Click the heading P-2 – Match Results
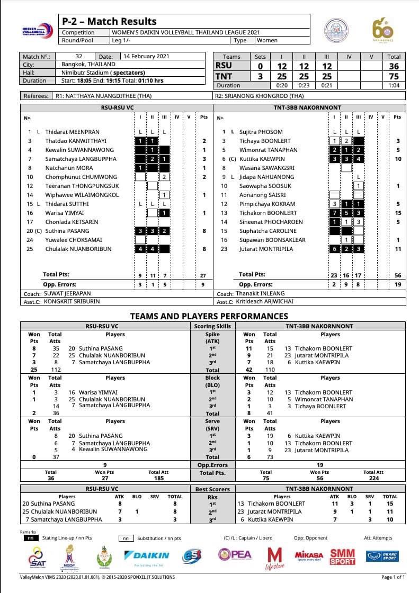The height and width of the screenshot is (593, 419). point(109,21)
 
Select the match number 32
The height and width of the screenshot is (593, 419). point(79,56)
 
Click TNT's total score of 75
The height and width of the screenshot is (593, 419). point(394,76)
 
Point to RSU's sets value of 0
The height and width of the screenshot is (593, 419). point(260,66)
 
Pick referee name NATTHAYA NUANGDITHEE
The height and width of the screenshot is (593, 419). point(103,96)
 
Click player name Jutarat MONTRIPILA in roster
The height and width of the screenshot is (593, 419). point(266,249)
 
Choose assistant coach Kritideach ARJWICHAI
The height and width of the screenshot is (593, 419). point(261,302)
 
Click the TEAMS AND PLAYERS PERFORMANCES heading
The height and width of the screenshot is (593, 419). point(209,316)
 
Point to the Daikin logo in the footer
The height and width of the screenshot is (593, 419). point(146,555)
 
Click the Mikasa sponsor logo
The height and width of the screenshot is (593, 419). point(309,555)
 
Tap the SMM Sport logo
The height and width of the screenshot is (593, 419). point(342,556)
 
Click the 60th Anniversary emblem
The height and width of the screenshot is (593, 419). point(382,31)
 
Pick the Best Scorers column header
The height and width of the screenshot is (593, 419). point(212,489)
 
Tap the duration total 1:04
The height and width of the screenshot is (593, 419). point(394,85)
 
